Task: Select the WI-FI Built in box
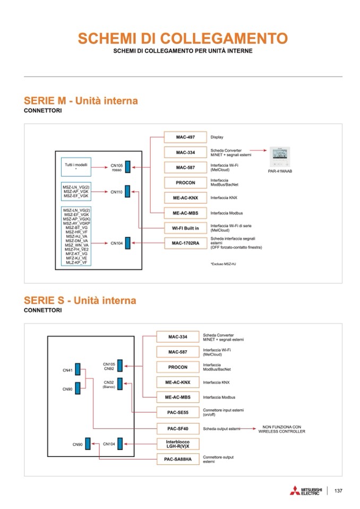coord(185,228)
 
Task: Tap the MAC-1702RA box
coord(185,243)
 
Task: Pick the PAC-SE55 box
coord(177,412)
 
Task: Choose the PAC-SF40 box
coord(177,428)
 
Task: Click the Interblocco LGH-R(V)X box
coord(177,444)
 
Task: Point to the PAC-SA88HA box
coord(177,459)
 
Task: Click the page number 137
coord(338,490)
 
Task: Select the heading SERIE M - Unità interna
coord(81,101)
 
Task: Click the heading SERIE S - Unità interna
coord(80,301)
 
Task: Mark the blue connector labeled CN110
coord(127,192)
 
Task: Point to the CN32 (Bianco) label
coord(109,384)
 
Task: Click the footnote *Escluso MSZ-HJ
coord(223,264)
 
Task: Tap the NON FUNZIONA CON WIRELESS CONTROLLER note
coord(282,429)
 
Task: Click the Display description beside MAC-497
coord(217,137)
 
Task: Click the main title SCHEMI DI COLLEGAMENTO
coord(183,38)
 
